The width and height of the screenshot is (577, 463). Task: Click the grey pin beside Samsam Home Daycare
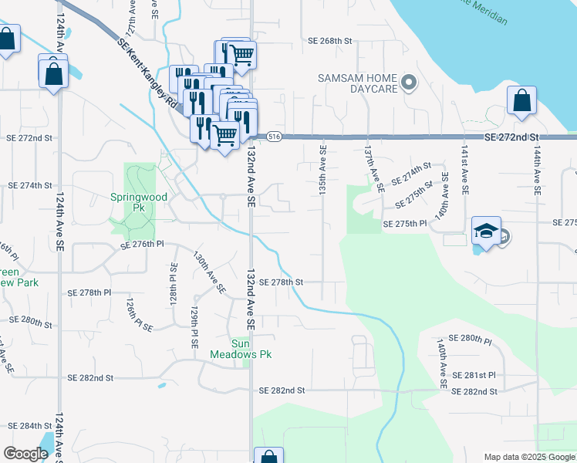(x=410, y=82)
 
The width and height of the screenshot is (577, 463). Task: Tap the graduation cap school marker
(x=486, y=231)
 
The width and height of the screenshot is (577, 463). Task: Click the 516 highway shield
(x=274, y=137)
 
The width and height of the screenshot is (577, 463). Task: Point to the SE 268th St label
(x=329, y=41)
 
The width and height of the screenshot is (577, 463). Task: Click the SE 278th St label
(x=282, y=282)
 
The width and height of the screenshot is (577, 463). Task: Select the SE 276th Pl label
(x=143, y=244)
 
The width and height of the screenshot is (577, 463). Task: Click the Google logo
(x=25, y=454)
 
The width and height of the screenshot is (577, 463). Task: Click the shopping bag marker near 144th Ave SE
(x=522, y=101)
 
